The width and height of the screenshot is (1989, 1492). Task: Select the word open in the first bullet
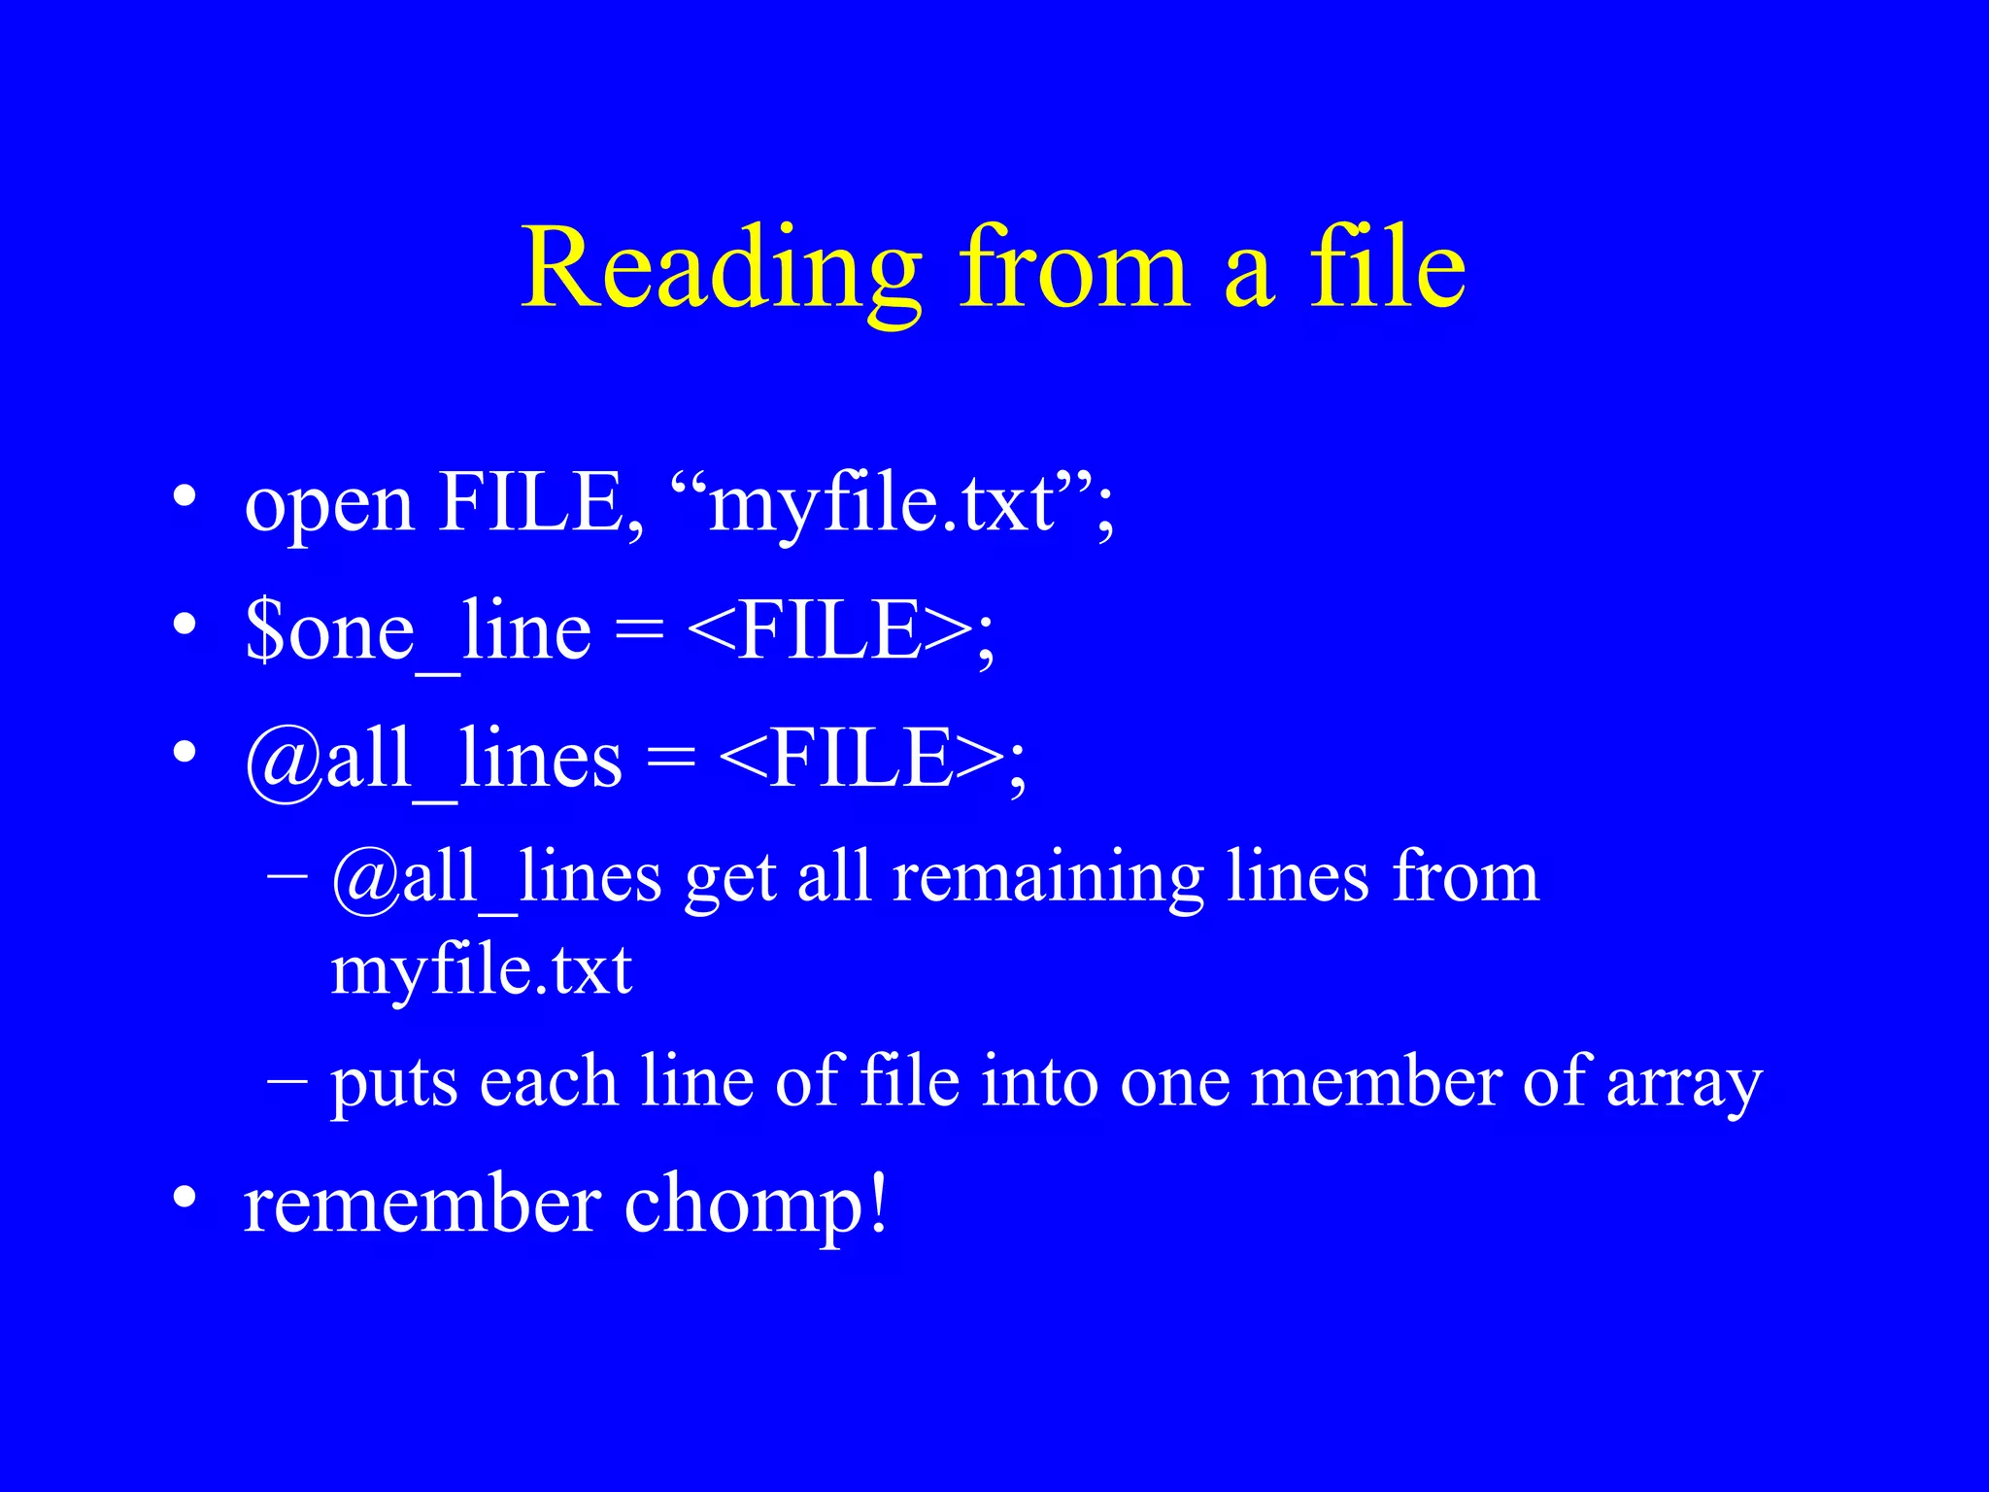point(329,505)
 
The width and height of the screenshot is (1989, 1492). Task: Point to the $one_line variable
point(418,631)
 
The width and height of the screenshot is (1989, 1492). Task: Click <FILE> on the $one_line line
point(830,631)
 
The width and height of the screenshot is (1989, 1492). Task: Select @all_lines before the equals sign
point(433,760)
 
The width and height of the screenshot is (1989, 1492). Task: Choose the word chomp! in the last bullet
point(756,1206)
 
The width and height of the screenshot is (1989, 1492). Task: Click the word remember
point(422,1206)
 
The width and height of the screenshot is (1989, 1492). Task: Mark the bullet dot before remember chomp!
point(185,1199)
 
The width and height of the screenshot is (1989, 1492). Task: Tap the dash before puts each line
point(287,1078)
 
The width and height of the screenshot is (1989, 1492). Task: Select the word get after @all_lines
point(729,878)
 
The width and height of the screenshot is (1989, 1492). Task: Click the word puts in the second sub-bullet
point(393,1084)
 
